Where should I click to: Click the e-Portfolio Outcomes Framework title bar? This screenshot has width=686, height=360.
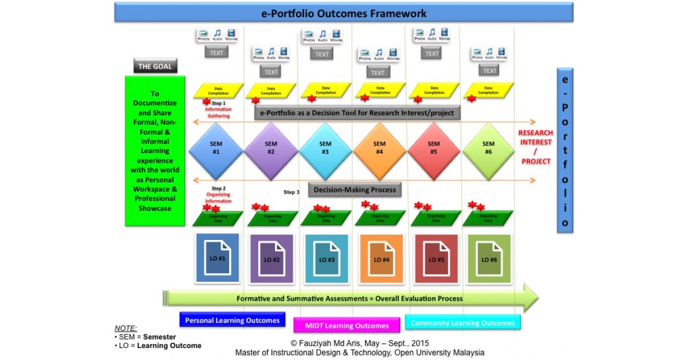tap(344, 13)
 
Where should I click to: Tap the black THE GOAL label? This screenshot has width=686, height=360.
tap(155, 66)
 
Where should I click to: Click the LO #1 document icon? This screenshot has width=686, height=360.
tap(217, 259)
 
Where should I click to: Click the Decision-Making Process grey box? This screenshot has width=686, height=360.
tap(355, 190)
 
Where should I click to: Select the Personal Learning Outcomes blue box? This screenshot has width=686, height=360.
tap(232, 320)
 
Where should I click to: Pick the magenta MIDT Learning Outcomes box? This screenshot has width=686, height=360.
tap(347, 326)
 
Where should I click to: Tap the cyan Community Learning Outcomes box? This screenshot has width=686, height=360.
tap(462, 323)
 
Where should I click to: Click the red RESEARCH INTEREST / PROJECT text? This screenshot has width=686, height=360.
tap(536, 147)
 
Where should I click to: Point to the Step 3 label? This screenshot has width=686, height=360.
tap(291, 192)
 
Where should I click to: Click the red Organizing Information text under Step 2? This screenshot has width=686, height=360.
tap(218, 197)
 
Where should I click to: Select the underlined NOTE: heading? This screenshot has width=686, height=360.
tap(126, 328)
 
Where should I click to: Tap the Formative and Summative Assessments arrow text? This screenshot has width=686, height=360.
tap(349, 298)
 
